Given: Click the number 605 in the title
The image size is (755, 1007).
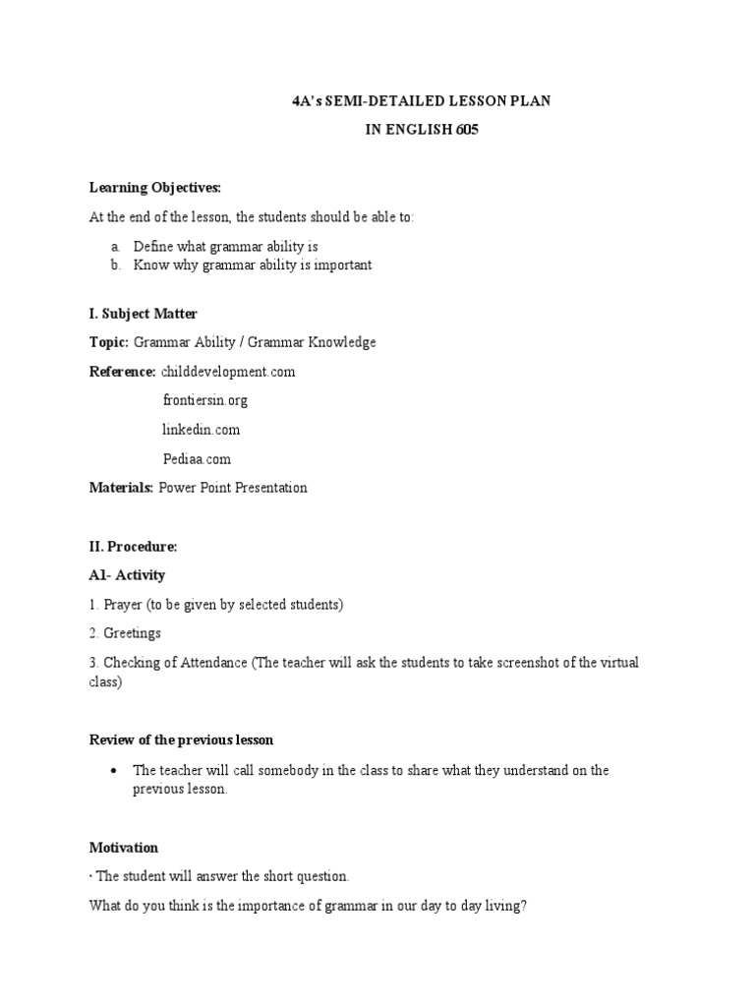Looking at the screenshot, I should click(467, 130).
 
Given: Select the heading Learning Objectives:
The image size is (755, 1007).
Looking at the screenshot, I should click(155, 187).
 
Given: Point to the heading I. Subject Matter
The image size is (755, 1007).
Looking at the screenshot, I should click(144, 314).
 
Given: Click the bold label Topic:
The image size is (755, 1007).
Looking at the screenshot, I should click(109, 342).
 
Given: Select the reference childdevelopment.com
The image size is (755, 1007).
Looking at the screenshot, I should click(228, 372).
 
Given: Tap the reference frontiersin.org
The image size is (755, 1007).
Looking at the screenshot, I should click(204, 400).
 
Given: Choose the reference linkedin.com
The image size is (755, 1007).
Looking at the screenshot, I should click(201, 430).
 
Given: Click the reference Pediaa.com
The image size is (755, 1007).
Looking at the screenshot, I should click(197, 458).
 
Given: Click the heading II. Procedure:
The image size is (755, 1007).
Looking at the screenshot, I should click(134, 546).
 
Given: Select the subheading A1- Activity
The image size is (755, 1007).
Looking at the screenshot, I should click(128, 575).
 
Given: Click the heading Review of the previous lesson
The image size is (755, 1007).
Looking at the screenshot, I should click(182, 740).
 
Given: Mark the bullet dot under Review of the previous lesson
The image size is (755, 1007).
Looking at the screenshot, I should click(115, 770).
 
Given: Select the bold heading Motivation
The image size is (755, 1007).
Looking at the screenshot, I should click(124, 847).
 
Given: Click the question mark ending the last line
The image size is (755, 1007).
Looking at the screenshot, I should click(524, 905).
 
